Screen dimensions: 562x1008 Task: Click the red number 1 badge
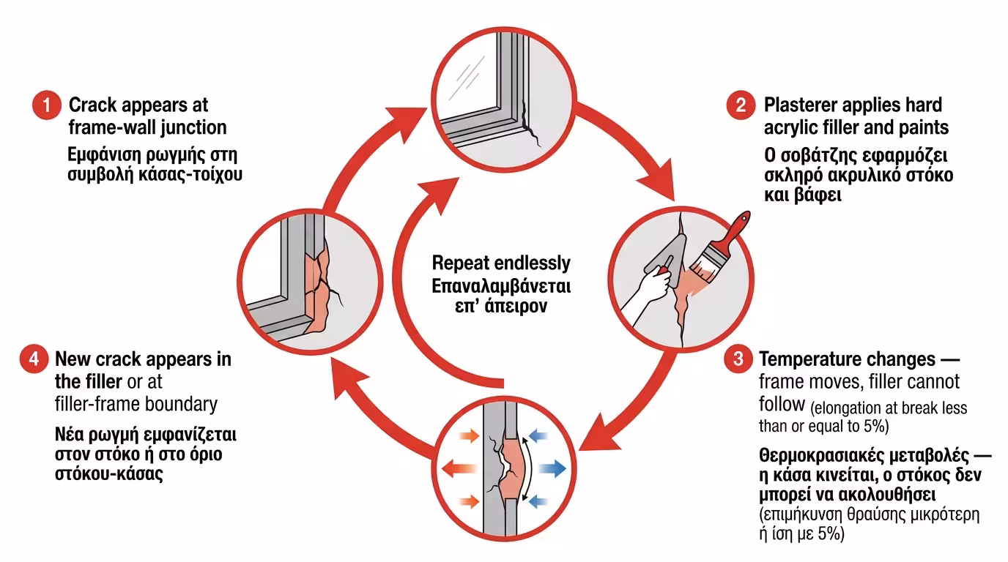[x=47, y=106]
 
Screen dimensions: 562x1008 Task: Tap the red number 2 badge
[x=741, y=105]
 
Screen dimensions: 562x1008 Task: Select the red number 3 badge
[x=738, y=360]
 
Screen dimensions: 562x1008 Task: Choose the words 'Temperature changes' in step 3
[x=847, y=360]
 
